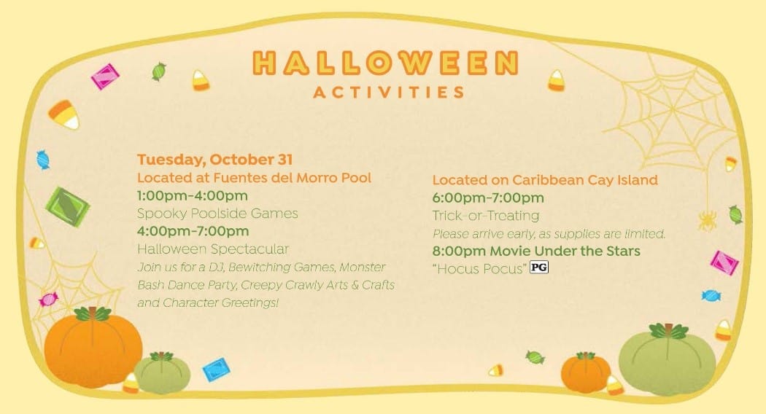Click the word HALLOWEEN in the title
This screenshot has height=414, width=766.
click(385, 63)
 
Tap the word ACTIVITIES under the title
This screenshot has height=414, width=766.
click(389, 93)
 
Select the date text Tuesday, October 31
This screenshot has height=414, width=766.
click(215, 159)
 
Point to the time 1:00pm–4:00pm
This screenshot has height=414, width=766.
click(193, 196)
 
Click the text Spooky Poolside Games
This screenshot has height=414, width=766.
click(217, 214)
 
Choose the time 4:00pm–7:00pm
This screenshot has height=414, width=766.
click(193, 231)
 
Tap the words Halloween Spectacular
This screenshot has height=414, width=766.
click(213, 249)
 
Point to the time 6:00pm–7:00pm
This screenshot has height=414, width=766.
click(488, 198)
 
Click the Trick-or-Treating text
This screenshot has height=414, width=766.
click(486, 215)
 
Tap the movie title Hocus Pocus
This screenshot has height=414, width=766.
click(480, 268)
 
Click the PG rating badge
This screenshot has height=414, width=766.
click(539, 267)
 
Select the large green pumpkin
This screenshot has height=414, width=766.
click(667, 359)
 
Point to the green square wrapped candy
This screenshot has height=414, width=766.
click(67, 206)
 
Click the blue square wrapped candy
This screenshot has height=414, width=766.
click(217, 370)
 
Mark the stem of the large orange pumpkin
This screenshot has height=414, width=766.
click(93, 313)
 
